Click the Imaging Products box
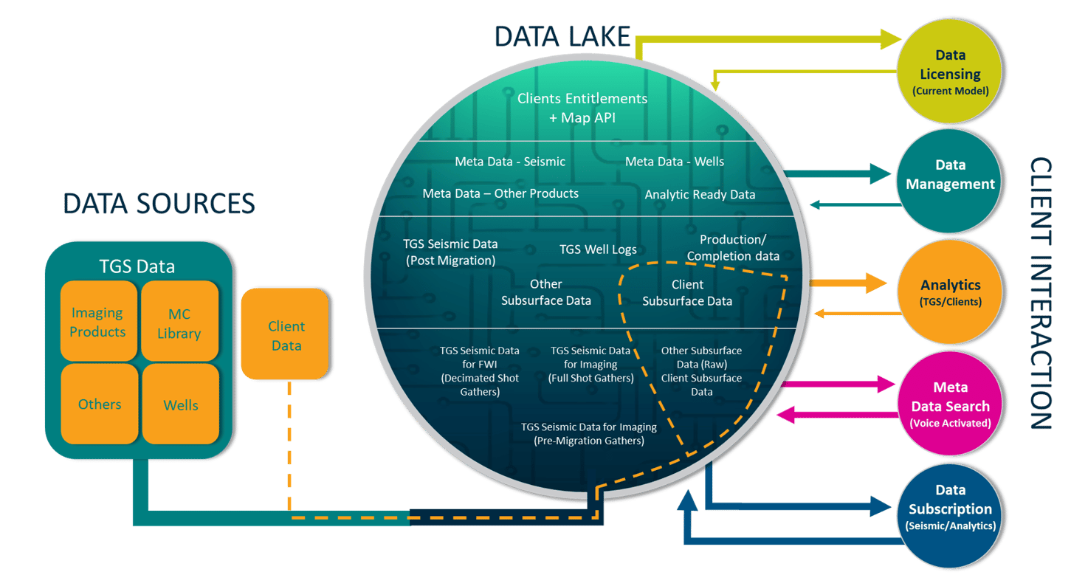[x=98, y=323]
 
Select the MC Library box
[x=179, y=323]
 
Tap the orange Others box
[x=100, y=404]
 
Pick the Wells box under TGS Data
[x=181, y=404]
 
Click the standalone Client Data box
[x=285, y=335]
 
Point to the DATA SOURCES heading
[x=159, y=204]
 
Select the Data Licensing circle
[x=950, y=72]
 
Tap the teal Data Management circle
[x=950, y=174]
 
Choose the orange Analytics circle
[x=950, y=292]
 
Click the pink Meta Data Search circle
[x=950, y=405]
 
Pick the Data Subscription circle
[x=950, y=508]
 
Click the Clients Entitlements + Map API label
[x=582, y=108]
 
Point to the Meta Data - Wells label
[x=674, y=162]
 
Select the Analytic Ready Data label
[x=700, y=195]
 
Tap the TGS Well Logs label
[x=598, y=249]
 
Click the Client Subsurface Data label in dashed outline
[x=687, y=292]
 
